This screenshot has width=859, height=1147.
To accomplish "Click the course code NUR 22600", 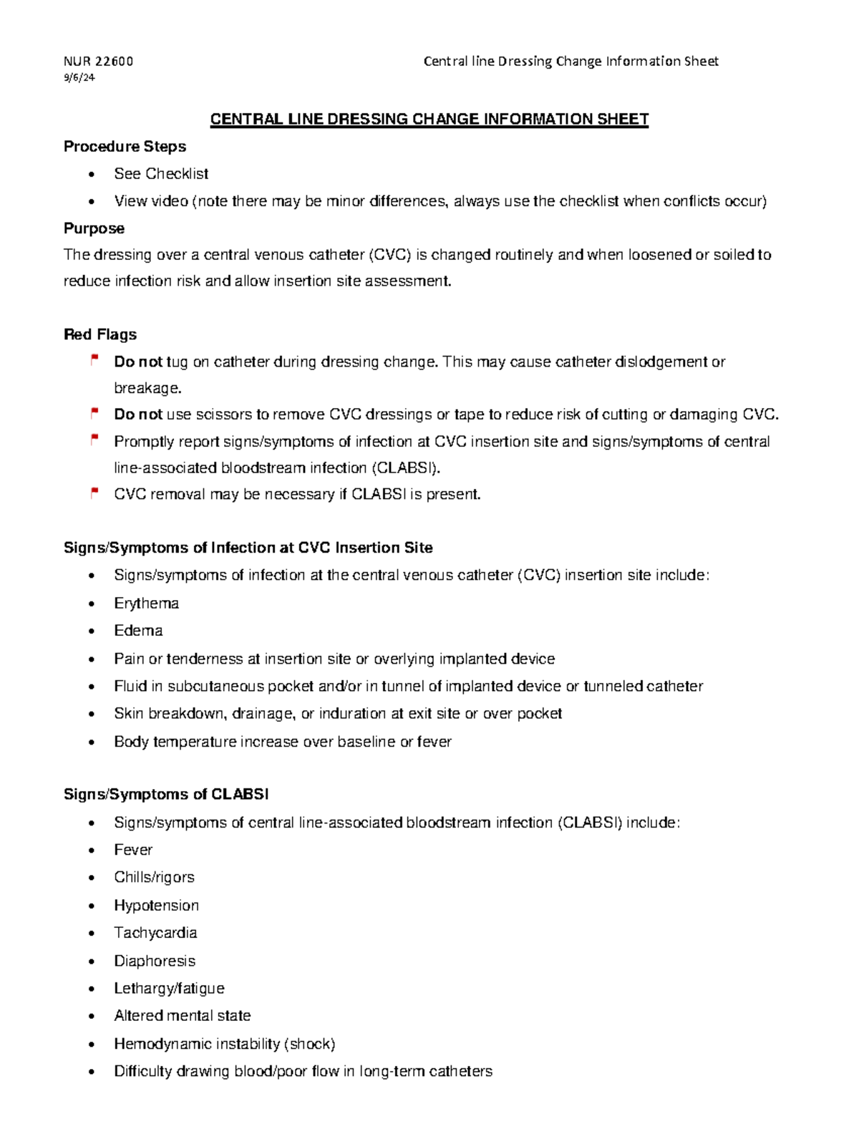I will tap(98, 62).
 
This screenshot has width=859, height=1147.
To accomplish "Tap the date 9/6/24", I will tap(79, 77).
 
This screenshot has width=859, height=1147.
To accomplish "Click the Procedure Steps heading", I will tap(125, 147).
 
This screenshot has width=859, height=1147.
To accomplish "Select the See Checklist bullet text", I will tap(161, 174).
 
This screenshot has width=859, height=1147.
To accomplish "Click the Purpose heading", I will tap(94, 228).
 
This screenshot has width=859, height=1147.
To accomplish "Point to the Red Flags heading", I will tap(100, 334).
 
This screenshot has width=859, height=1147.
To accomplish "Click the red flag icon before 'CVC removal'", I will tap(94, 493).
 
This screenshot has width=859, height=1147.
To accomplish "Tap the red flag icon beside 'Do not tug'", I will tap(94, 360).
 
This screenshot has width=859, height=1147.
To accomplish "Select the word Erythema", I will tap(146, 604).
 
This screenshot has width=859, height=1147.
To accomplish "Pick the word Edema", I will tap(138, 631).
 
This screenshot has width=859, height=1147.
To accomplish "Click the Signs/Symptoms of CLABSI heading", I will tap(166, 794).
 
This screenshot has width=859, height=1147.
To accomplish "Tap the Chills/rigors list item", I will tap(154, 878).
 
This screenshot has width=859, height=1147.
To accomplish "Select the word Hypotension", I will tap(156, 906).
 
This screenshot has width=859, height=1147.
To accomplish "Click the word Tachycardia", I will tap(155, 933).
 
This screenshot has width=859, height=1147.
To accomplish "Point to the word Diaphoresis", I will tap(155, 961).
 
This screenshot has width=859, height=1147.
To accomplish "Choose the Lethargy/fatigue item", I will tap(169, 989).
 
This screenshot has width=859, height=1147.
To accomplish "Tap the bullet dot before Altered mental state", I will tap(91, 1017).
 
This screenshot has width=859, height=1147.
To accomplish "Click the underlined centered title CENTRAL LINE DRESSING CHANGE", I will tap(429, 120).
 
